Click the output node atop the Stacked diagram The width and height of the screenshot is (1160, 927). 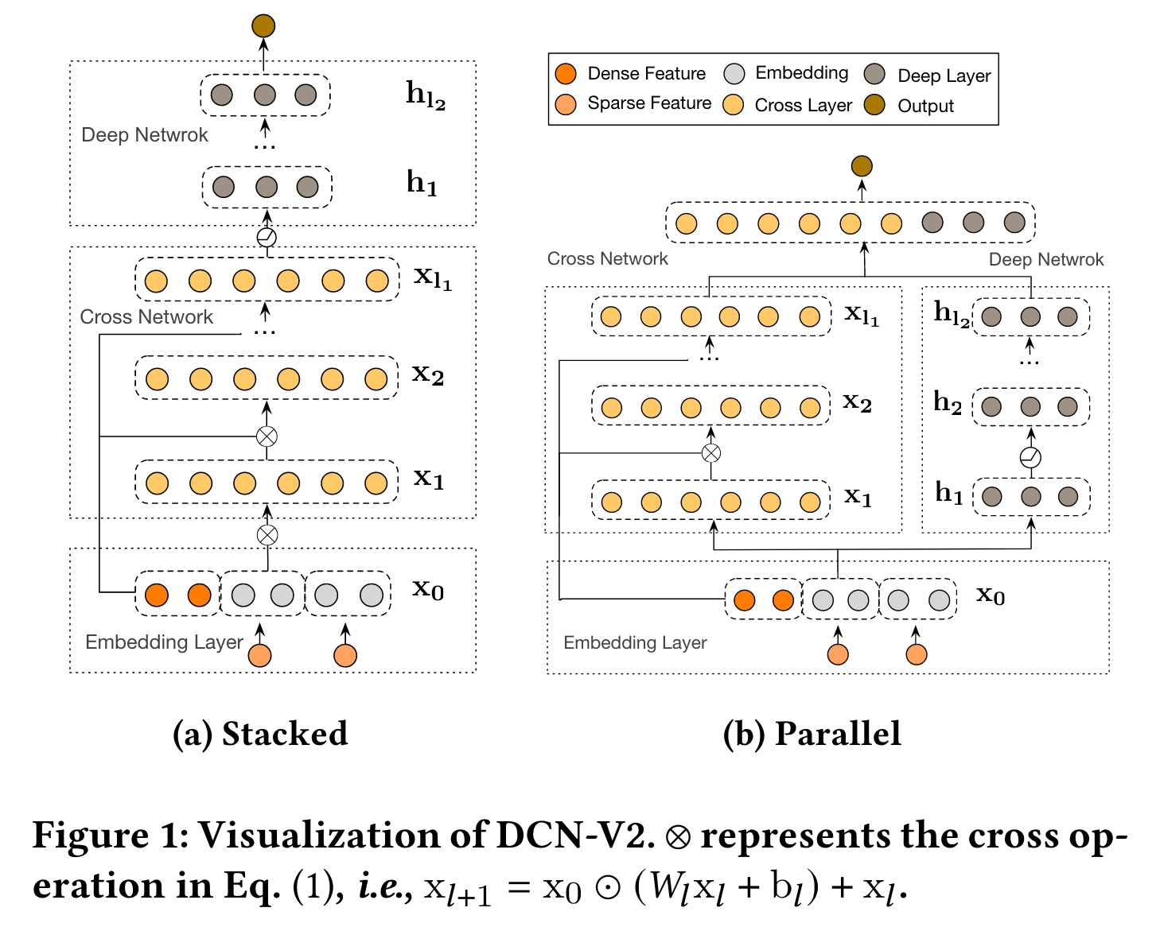click(x=263, y=25)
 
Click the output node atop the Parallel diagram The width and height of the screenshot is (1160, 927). click(x=862, y=166)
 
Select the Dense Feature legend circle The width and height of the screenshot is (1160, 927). click(x=566, y=74)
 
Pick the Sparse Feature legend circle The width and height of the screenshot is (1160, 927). click(x=566, y=104)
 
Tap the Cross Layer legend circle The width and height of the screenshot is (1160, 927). click(x=734, y=105)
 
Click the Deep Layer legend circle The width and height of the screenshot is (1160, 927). click(x=874, y=75)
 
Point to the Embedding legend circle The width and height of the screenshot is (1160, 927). click(x=734, y=74)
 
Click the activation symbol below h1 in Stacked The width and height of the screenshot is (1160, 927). click(x=267, y=237)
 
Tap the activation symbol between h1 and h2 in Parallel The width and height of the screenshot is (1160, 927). click(x=1030, y=457)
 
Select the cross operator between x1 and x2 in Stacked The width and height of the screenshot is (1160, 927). click(x=267, y=436)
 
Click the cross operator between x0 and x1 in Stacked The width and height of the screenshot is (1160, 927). click(x=267, y=535)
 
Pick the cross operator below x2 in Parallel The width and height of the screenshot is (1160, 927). click(x=711, y=453)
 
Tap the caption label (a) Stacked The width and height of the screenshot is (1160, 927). click(x=260, y=734)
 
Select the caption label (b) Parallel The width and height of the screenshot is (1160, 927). click(x=812, y=734)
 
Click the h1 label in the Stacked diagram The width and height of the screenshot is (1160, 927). click(x=422, y=184)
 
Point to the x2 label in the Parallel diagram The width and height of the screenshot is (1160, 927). click(x=857, y=402)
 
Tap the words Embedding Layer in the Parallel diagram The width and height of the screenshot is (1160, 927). click(x=635, y=643)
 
